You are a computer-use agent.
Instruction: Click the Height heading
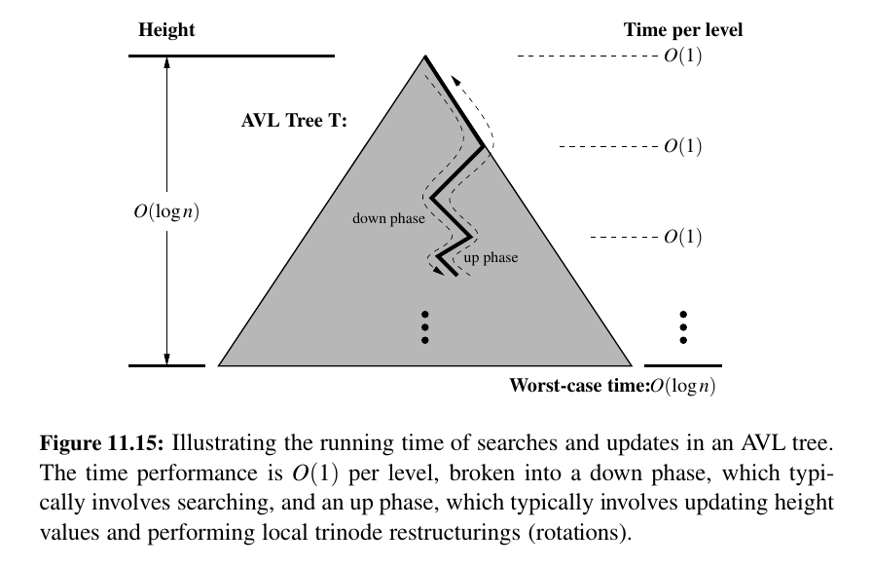pos(166,30)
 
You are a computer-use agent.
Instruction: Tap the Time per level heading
pos(682,30)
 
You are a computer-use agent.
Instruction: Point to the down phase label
pos(388,219)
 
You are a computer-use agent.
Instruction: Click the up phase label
pos(491,258)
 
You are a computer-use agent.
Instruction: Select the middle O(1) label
pos(682,147)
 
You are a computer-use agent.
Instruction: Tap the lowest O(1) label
pos(682,237)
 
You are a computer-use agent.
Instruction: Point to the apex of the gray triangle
pos(424,57)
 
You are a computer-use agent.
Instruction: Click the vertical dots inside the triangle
pos(424,327)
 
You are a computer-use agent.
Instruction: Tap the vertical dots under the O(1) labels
pos(683,327)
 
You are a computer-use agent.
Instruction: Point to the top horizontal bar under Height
pos(231,57)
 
